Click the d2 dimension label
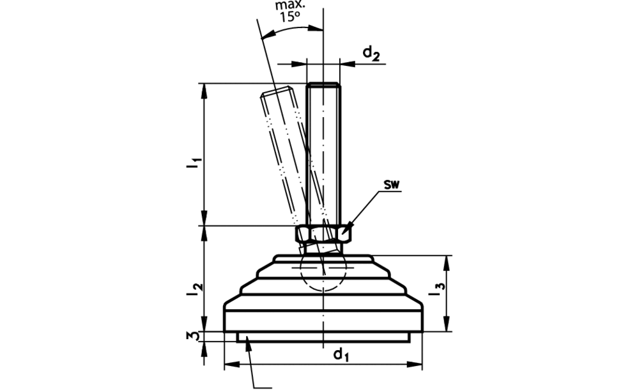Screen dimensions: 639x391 371,54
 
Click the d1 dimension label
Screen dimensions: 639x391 341,355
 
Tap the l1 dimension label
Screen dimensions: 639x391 193,163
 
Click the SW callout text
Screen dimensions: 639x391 392,185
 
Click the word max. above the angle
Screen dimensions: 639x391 289,5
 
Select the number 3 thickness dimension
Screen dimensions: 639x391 194,337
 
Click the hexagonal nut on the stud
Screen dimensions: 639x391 323,234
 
